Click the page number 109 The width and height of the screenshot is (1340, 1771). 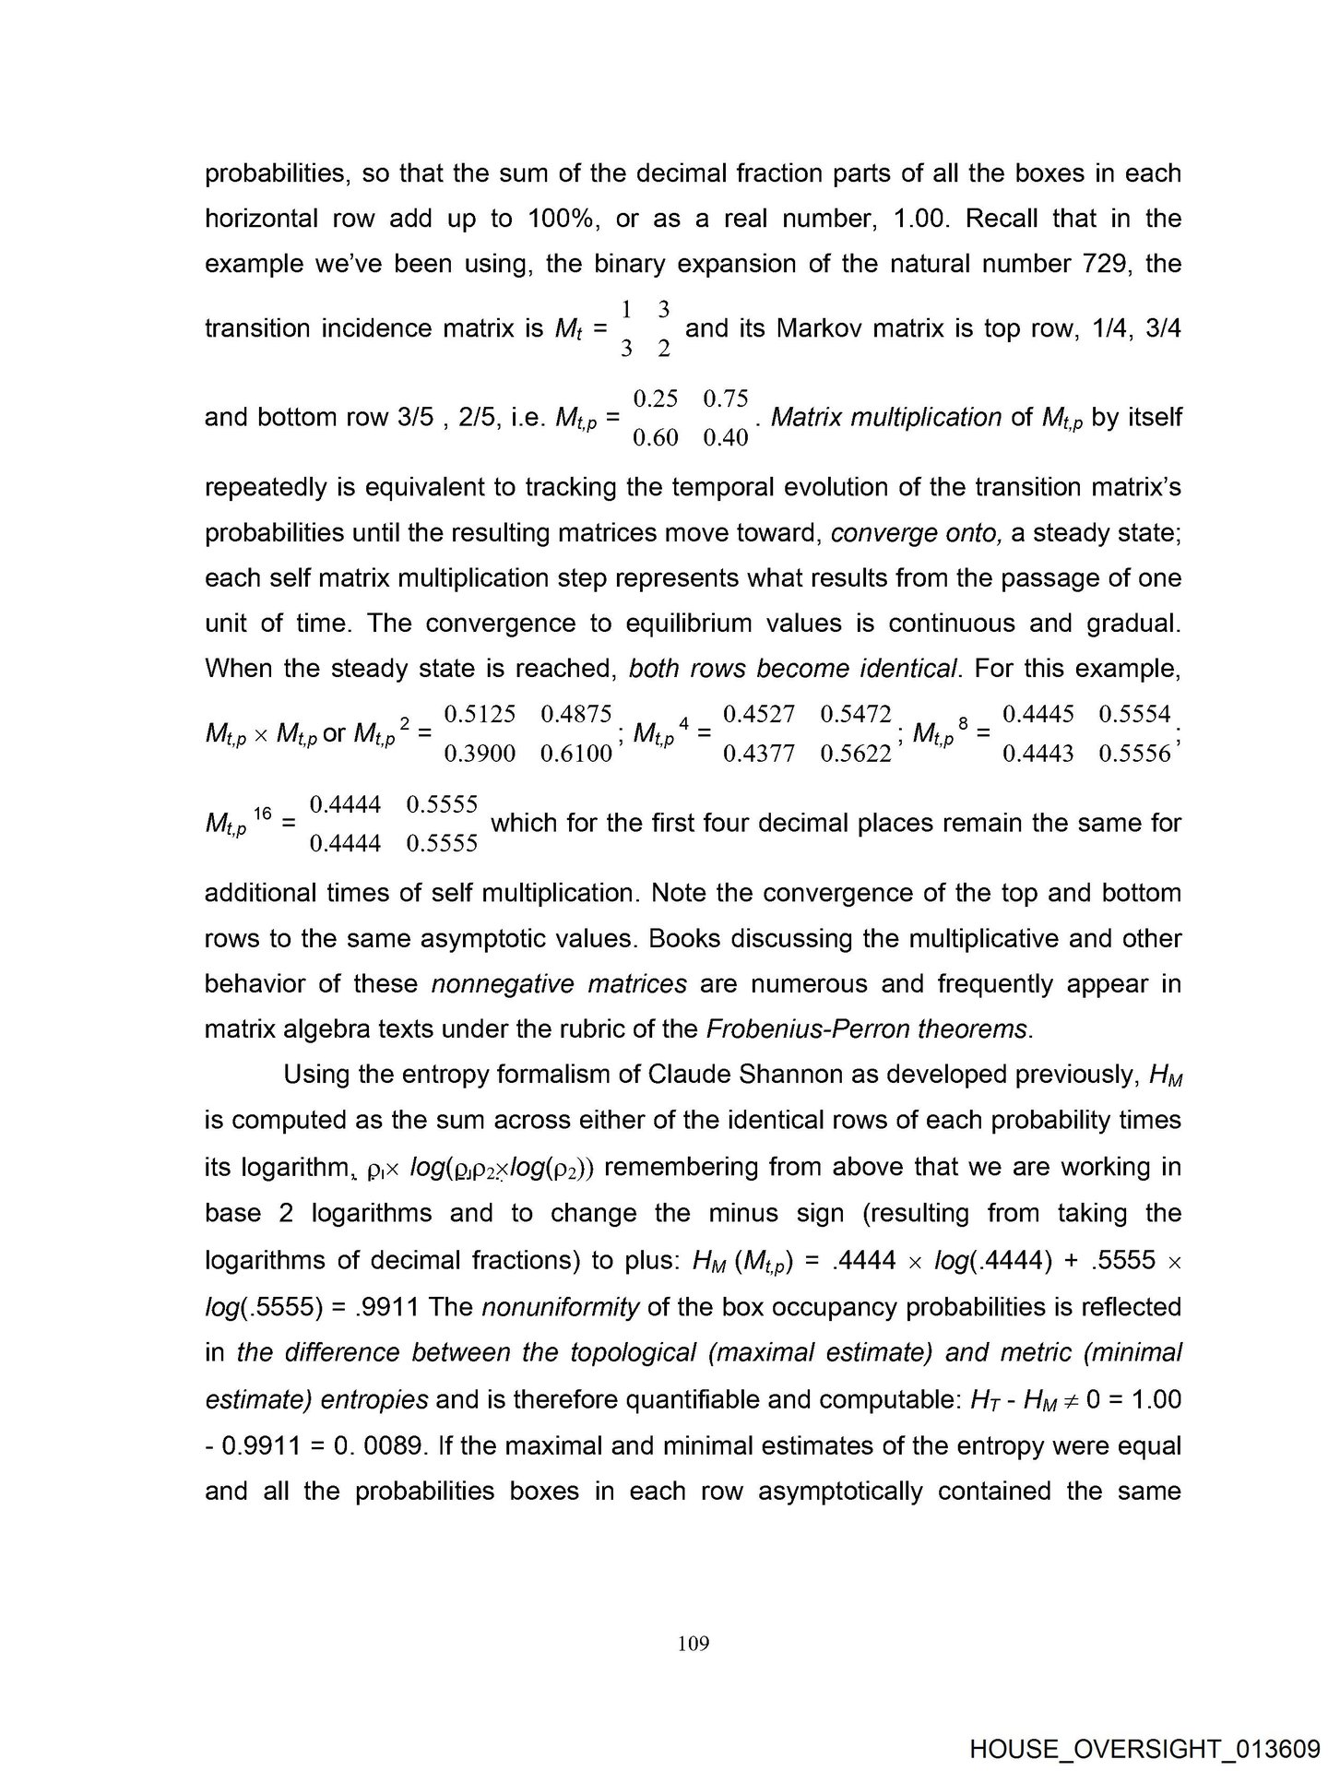coord(693,1643)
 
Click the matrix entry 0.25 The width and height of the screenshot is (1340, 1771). coord(656,398)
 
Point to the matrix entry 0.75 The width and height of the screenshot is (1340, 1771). coord(725,398)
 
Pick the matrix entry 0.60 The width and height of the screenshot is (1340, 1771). coord(656,438)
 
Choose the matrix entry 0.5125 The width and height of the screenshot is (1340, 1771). coord(480,714)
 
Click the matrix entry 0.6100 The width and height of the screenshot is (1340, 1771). coord(576,754)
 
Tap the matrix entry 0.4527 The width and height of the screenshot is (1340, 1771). coord(759,714)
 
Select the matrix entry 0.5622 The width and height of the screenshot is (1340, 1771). coord(856,754)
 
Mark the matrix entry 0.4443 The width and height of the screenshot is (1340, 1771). coord(1038,754)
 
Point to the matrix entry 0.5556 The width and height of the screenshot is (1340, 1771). coord(1134,754)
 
